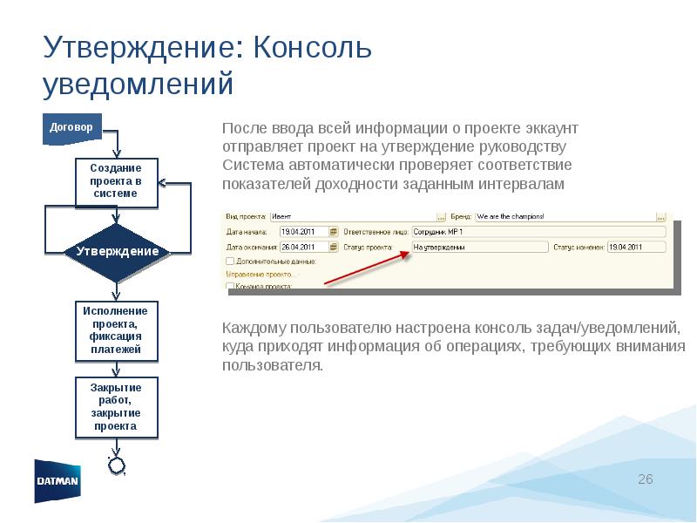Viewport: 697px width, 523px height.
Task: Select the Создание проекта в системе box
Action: (x=116, y=182)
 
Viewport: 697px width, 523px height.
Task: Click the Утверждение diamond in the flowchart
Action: (x=117, y=252)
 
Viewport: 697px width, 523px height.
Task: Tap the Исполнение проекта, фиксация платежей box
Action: (x=116, y=330)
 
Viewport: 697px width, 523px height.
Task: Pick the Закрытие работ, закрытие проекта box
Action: (x=116, y=407)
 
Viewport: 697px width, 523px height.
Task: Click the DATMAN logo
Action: (x=58, y=480)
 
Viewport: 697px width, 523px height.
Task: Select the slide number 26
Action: (x=645, y=480)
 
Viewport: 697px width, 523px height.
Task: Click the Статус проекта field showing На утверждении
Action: (x=478, y=247)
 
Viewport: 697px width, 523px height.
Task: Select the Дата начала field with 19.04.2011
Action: (x=304, y=232)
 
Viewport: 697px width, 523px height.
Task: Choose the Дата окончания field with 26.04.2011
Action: (x=304, y=247)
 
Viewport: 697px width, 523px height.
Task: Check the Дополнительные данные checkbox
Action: (x=230, y=261)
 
